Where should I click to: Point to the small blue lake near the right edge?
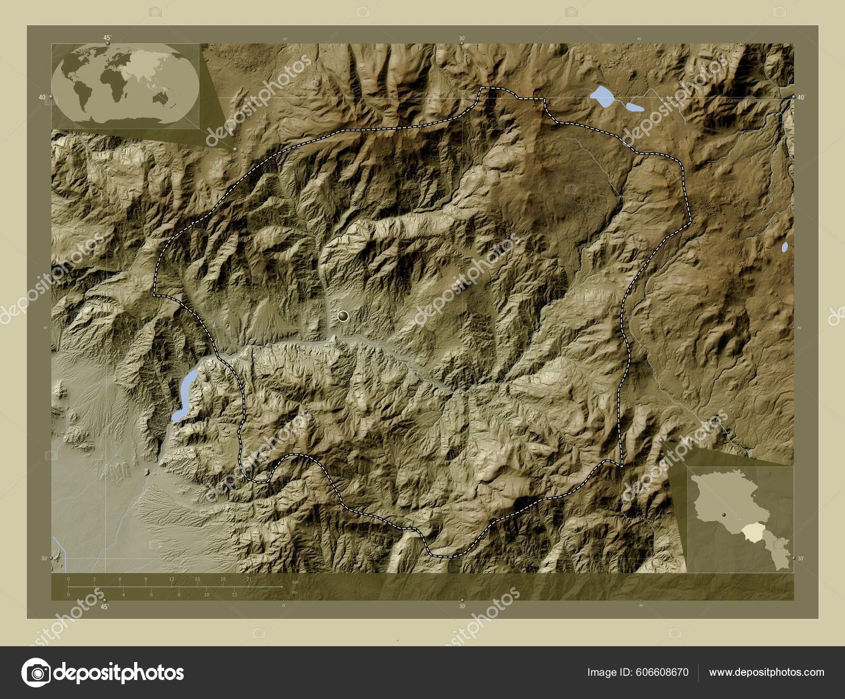[785, 247]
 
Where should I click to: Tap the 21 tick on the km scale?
[249, 579]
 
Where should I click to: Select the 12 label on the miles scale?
[234, 594]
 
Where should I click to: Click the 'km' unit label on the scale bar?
[296, 582]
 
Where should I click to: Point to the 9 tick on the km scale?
[146, 579]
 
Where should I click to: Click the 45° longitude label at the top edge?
[107, 37]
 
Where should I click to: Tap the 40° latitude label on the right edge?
[801, 97]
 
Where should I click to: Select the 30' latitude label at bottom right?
[801, 558]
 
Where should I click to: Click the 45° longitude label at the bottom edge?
[105, 607]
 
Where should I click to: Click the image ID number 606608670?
[662, 672]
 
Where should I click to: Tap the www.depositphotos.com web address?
[766, 672]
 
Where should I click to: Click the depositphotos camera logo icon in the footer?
[36, 673]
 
